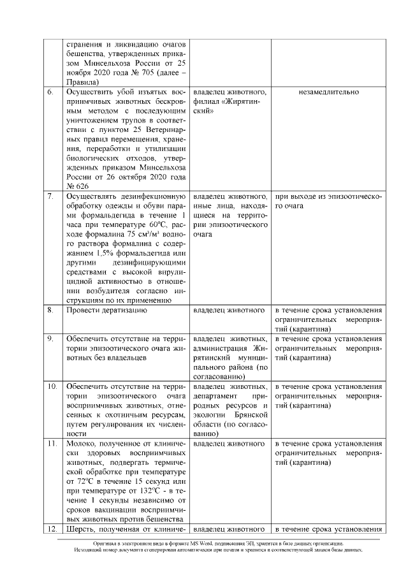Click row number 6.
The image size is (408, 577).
[50, 92]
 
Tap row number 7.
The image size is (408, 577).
[50, 196]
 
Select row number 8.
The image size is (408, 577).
[50, 310]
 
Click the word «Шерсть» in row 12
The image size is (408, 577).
[83, 529]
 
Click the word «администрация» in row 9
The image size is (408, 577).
[221, 348]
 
